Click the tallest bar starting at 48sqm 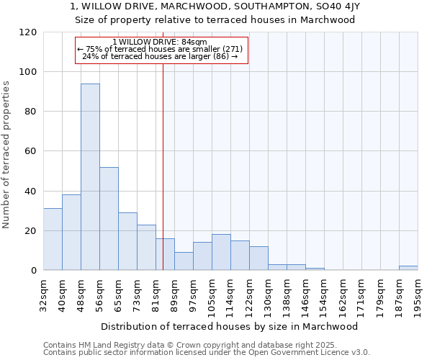click(90, 176)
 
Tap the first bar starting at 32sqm click(53, 239)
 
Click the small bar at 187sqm click(408, 268)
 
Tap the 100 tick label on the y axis click(27, 72)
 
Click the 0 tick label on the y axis click(33, 271)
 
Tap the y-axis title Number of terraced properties click(6, 155)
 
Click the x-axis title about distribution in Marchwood click(230, 326)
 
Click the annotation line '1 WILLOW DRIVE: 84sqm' click(160, 42)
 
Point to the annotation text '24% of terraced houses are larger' click(160, 56)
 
